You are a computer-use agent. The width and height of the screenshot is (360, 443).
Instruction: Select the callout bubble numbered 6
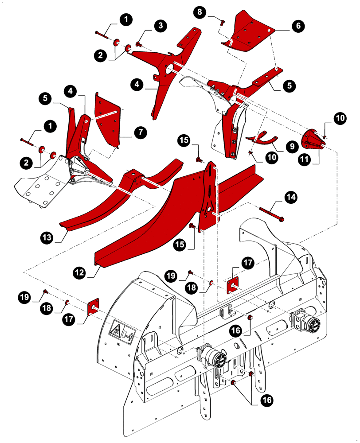pos(298,26)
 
